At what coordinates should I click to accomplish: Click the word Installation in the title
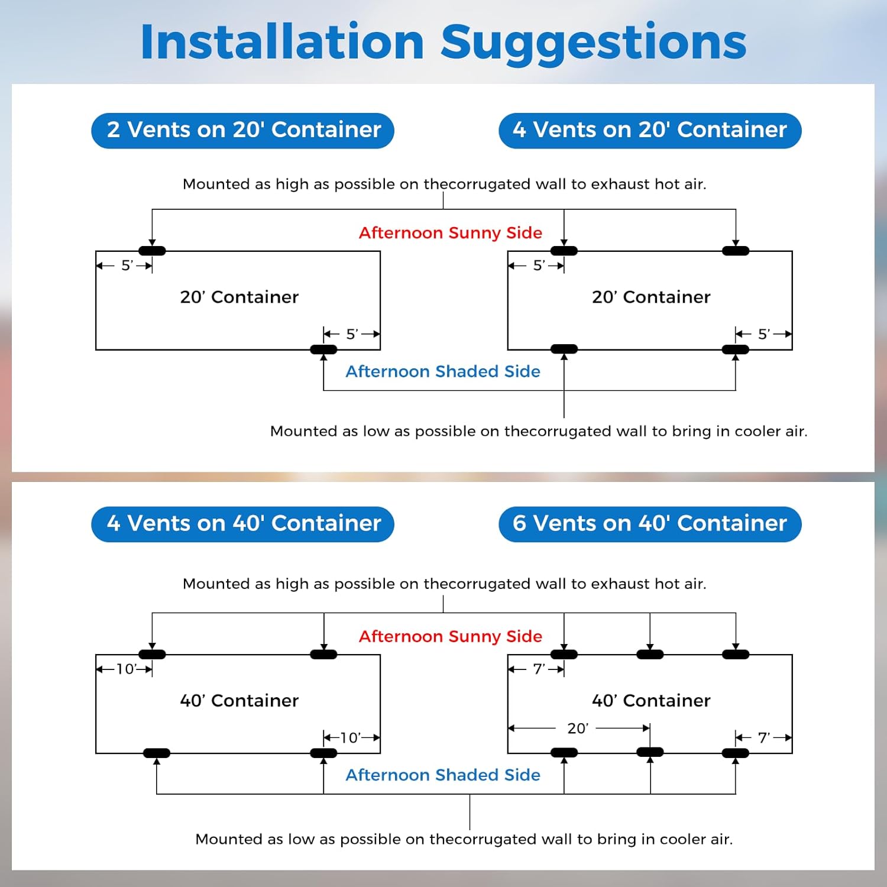[282, 42]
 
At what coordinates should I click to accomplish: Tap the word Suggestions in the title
[594, 42]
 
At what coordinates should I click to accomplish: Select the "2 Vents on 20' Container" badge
[243, 130]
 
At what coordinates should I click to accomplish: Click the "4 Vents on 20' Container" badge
[649, 130]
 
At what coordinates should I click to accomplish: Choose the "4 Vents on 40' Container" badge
[243, 524]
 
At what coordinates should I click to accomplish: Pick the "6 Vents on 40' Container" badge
[649, 524]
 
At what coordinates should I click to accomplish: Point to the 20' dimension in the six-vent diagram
[578, 728]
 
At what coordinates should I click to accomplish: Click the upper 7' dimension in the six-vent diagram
[539, 669]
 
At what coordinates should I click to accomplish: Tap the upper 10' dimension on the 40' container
[126, 669]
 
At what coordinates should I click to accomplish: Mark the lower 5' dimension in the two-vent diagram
[352, 334]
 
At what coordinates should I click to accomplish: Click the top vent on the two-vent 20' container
[152, 251]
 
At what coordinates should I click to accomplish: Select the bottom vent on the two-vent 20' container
[323, 349]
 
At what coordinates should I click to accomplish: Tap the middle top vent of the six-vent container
[650, 654]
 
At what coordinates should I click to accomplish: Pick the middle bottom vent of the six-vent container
[650, 752]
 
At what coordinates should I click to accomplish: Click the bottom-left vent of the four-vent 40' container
[157, 753]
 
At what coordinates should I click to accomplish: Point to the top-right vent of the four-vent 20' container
[736, 251]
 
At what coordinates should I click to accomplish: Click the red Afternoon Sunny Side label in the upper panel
[451, 232]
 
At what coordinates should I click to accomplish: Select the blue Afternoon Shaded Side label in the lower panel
[443, 775]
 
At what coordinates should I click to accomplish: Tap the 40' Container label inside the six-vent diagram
[651, 700]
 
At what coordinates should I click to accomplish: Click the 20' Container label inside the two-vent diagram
[239, 297]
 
